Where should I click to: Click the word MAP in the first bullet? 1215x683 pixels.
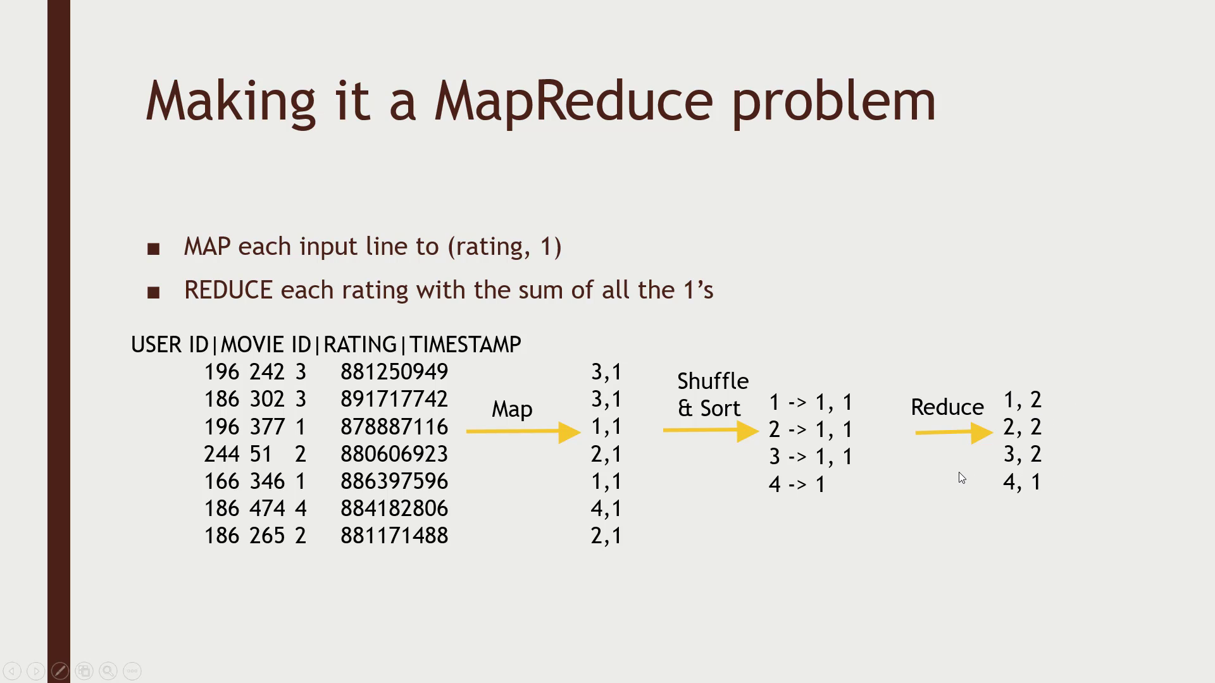tap(207, 247)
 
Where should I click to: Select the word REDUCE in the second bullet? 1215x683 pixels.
tap(228, 290)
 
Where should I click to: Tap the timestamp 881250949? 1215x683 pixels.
tap(394, 372)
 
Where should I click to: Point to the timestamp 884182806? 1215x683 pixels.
tap(394, 508)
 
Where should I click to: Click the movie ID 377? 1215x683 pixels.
tap(266, 427)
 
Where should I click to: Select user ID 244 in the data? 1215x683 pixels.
tap(221, 454)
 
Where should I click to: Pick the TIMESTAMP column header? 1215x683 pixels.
tap(465, 345)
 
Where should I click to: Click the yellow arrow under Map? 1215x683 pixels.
tap(523, 432)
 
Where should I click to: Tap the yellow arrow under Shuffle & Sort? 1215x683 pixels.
tap(710, 431)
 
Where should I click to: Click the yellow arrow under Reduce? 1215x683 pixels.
tap(953, 433)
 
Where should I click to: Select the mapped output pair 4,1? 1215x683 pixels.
tap(606, 508)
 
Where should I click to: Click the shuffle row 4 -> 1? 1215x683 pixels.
tap(797, 484)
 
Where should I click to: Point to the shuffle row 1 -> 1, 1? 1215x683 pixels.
tap(811, 402)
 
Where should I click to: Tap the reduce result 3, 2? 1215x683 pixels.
tap(1022, 454)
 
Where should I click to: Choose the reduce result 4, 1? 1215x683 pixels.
tap(1022, 482)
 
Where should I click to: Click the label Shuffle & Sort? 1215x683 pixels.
tap(712, 395)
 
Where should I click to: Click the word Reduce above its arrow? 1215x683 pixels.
tap(947, 407)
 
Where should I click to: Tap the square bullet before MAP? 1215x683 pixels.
tap(153, 249)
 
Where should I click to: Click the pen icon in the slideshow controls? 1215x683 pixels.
tap(60, 671)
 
